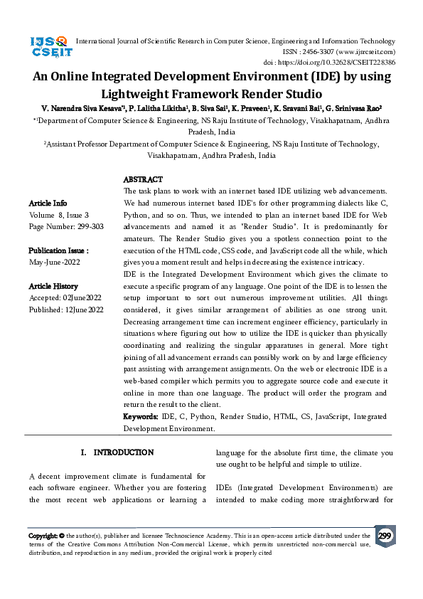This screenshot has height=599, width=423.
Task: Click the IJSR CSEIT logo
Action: pos(49,48)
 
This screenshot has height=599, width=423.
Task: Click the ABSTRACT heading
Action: pos(143,180)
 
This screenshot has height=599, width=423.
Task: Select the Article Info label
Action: pos(48,203)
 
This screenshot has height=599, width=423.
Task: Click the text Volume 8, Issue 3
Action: pos(59,214)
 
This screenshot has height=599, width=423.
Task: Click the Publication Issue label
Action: pos(58,250)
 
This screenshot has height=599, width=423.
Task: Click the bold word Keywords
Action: pos(141,416)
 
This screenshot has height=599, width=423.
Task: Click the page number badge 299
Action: pos(385,536)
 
